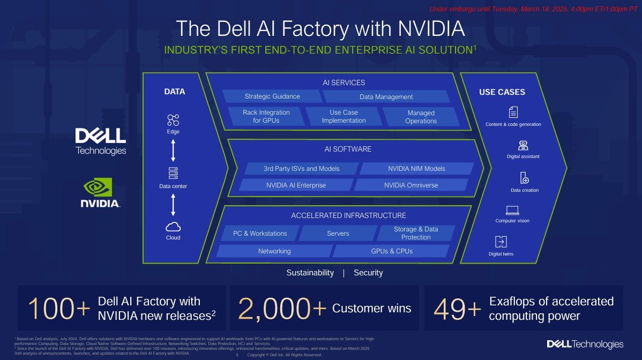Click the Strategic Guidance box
point(272,96)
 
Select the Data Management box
point(386,97)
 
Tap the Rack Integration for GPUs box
point(266,116)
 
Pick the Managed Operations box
point(421,117)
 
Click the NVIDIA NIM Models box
point(416,169)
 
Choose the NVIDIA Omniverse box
point(411,185)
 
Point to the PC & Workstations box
point(260,234)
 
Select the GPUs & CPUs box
point(392,251)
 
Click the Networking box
point(274,251)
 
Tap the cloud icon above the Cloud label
point(173,226)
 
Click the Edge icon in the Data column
point(173,119)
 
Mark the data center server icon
point(173,173)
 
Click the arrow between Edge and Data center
point(173,151)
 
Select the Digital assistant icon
point(523,145)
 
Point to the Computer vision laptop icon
point(512,210)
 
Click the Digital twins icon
point(501,242)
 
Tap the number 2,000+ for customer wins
point(282,309)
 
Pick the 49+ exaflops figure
point(457,309)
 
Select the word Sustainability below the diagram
point(310,273)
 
